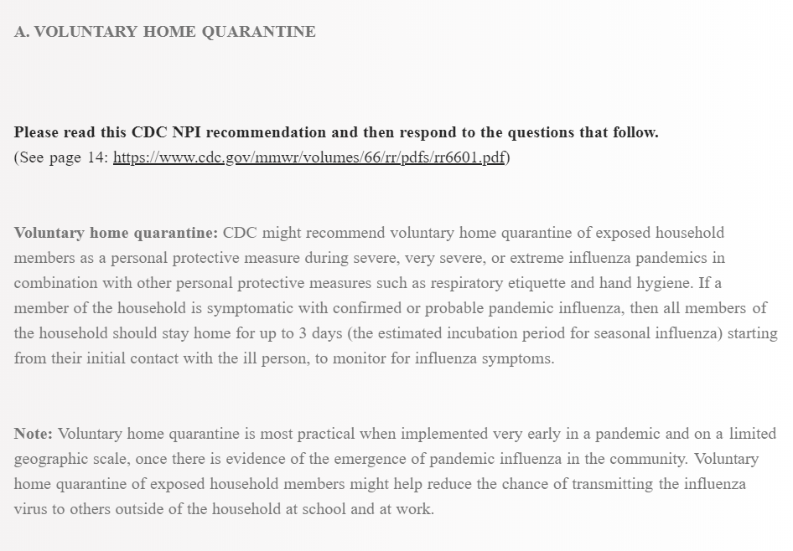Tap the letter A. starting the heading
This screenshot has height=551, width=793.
pos(22,32)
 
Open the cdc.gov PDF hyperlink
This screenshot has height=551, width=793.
pos(308,157)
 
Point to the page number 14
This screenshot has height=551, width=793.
pos(96,157)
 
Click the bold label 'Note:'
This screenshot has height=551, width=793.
pos(33,434)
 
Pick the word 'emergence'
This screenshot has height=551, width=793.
pos(371,459)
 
